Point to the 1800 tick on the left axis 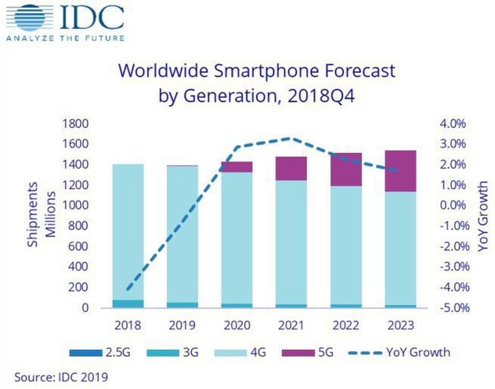tap(75, 123)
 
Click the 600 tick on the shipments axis tap(78, 247)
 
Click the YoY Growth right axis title tap(481, 216)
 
